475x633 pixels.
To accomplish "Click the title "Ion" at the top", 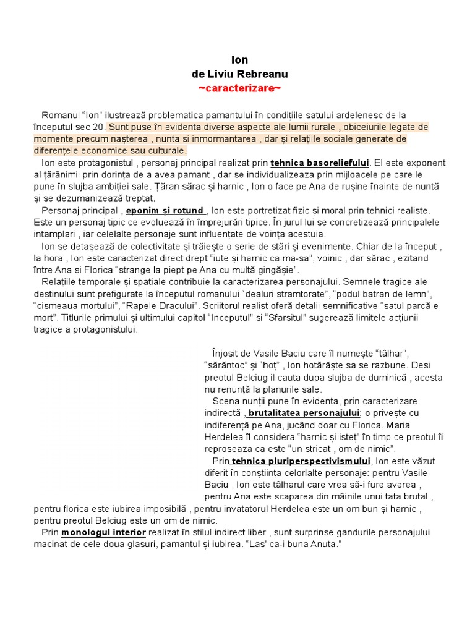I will tap(239, 60).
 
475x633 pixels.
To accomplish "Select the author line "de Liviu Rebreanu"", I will tap(239, 74).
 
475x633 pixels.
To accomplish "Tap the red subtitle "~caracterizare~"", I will tap(239, 88).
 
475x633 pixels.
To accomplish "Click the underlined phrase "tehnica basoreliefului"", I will tap(320, 163).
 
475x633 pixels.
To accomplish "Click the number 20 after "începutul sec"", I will tap(100, 127).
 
